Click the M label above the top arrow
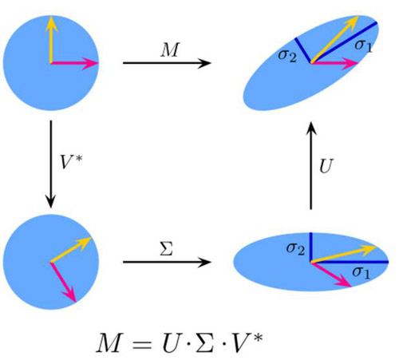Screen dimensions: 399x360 pos(170,49)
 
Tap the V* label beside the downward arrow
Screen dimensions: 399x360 pos(71,162)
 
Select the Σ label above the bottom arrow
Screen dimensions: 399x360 pos(167,248)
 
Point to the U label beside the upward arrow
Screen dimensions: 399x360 pos(326,166)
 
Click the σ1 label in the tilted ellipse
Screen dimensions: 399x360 pos(363,45)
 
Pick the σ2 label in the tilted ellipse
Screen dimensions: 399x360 pos(287,56)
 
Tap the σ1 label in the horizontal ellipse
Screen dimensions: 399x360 pos(361,273)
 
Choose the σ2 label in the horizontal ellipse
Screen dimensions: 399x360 pos(295,249)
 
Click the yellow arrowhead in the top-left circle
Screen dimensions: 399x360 pos(51,23)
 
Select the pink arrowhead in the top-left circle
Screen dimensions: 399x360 pos(91,63)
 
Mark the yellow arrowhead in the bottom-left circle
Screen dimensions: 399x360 pos(85,242)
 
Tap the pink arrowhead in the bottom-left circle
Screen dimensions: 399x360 pos(69,295)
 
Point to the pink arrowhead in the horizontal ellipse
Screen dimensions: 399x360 pos(344,283)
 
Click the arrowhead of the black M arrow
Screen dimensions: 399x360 pos(205,63)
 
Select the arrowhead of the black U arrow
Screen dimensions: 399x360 pos(311,129)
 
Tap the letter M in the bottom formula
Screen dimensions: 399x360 pos(109,342)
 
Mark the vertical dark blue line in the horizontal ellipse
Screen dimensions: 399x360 pos(310,247)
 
